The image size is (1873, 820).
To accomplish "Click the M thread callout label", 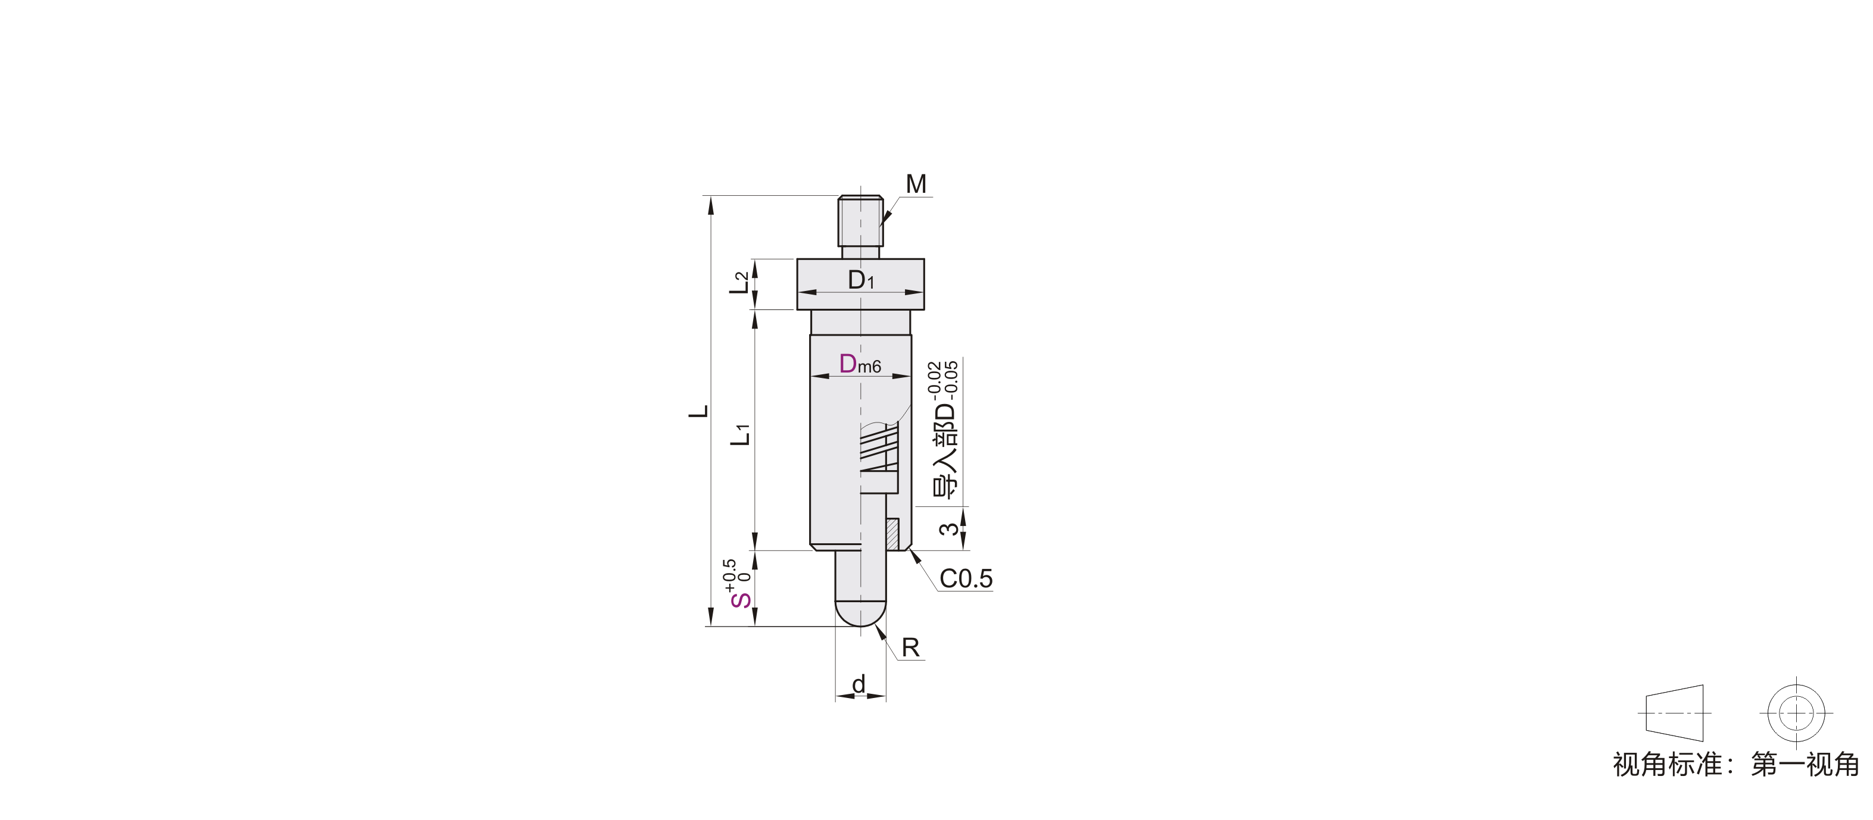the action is (916, 184).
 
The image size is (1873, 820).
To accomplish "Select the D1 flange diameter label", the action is (861, 280).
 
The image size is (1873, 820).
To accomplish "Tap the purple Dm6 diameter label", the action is (860, 364).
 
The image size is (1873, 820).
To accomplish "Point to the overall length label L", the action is (699, 411).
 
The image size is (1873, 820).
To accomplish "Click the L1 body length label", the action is (740, 434).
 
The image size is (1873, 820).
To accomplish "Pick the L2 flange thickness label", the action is (739, 282).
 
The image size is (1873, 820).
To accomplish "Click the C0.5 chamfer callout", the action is (966, 578).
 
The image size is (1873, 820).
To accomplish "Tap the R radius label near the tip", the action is (910, 647).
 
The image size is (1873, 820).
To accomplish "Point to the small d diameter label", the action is (859, 684).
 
